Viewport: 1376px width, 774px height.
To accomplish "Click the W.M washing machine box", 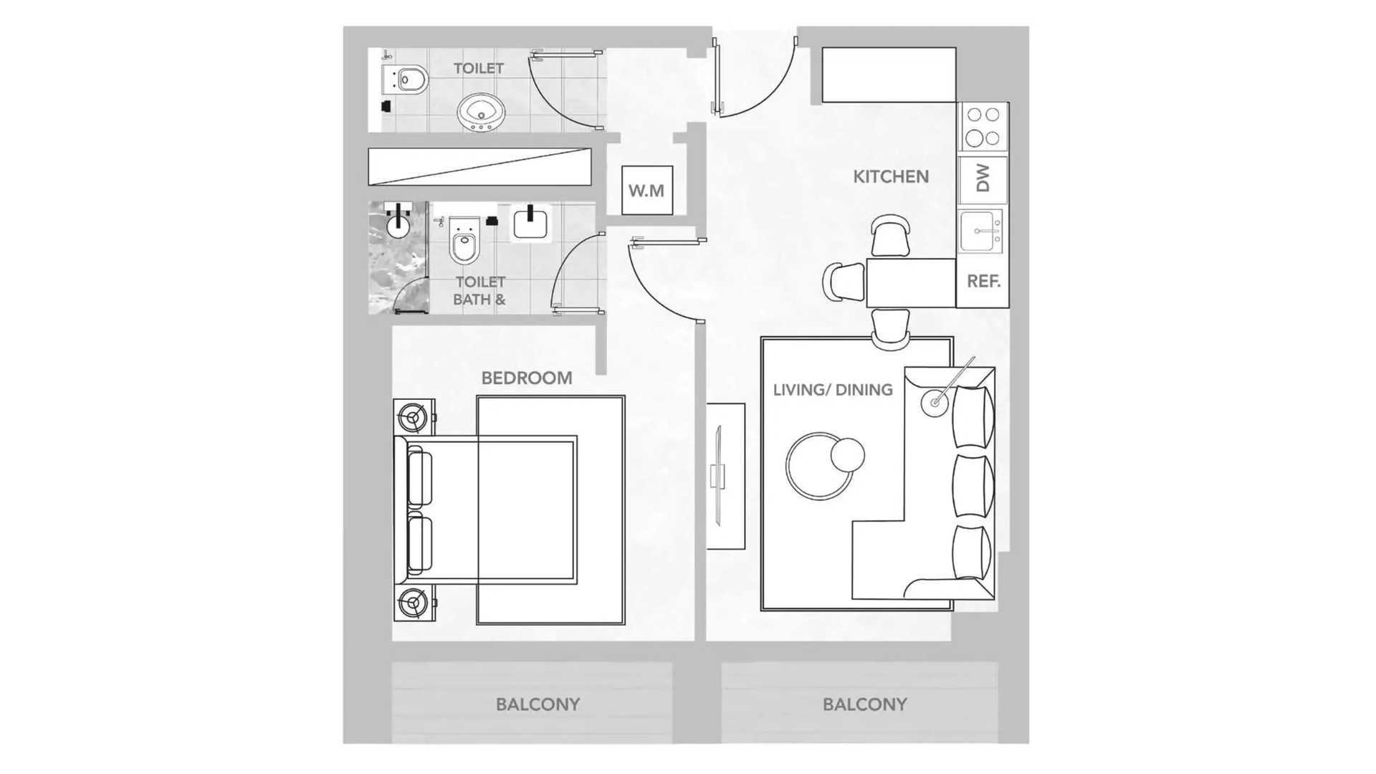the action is pyautogui.click(x=647, y=190).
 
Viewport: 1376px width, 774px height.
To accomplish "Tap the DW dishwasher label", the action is pyautogui.click(x=983, y=178).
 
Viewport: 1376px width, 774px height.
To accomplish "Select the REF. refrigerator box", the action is pyautogui.click(x=983, y=282).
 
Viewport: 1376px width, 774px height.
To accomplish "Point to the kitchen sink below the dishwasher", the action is pyautogui.click(x=981, y=231).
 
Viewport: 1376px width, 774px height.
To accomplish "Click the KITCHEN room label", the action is pyautogui.click(x=891, y=176).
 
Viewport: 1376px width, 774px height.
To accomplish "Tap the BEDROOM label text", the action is pyautogui.click(x=527, y=378).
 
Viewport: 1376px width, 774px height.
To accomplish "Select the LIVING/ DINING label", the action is pyautogui.click(x=833, y=390).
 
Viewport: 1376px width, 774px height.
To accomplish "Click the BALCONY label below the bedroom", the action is pyautogui.click(x=537, y=704).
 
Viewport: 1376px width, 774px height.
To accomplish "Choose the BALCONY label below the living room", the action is pyautogui.click(x=864, y=704).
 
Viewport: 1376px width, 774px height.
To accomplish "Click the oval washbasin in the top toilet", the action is pyautogui.click(x=481, y=113).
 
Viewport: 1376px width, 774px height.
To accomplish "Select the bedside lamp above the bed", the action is pyautogui.click(x=414, y=416).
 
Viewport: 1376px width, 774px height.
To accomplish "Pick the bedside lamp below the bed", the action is pyautogui.click(x=414, y=603).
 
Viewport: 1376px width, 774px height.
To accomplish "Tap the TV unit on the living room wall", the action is pyautogui.click(x=725, y=477).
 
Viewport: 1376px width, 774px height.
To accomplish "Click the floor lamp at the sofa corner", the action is pyautogui.click(x=935, y=403).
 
